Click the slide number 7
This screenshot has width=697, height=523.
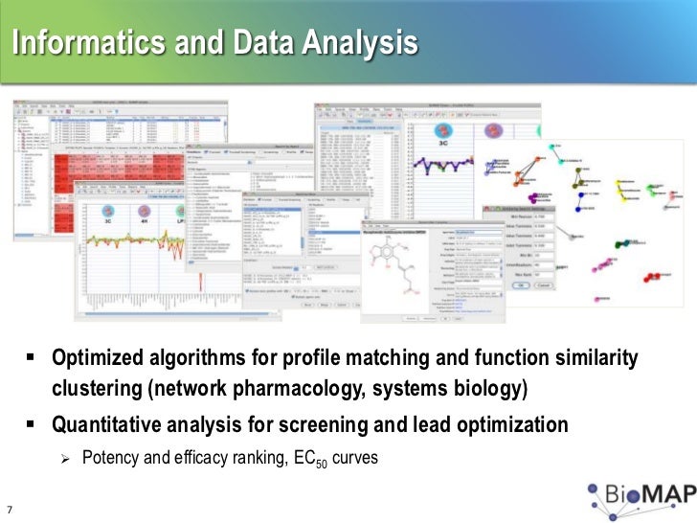(10, 509)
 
